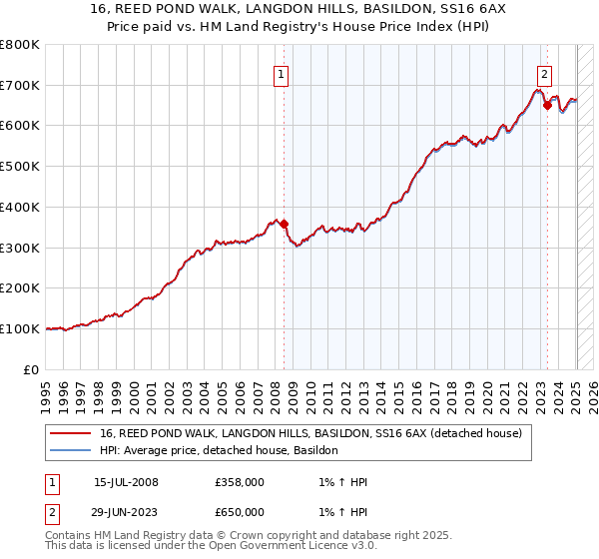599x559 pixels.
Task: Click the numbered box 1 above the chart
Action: [281, 73]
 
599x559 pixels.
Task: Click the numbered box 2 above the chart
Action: [544, 73]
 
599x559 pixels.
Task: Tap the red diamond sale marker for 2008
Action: [285, 224]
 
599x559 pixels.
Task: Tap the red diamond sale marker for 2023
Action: [547, 106]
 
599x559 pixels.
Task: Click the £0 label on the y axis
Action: [31, 369]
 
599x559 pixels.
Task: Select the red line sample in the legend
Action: [70, 434]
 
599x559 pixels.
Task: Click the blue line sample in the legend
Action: [70, 451]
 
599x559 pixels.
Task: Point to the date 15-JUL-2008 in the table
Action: [126, 482]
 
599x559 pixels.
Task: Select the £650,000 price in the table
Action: [241, 512]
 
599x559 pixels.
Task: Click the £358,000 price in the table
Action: [241, 482]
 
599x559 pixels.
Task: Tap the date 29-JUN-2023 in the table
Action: [126, 512]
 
